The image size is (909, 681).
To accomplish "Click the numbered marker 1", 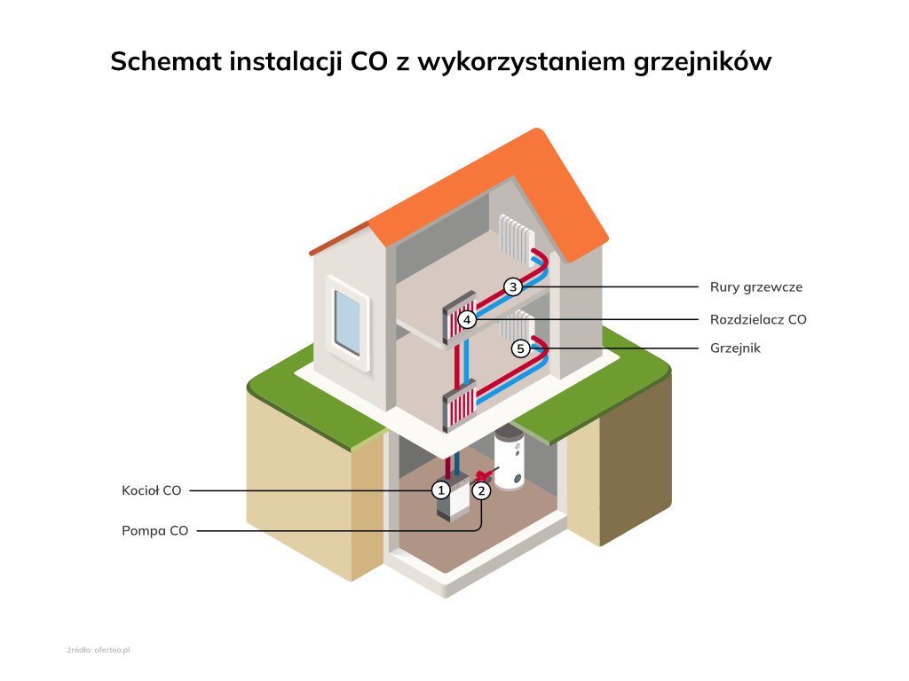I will (440, 489).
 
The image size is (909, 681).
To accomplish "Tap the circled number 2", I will (481, 489).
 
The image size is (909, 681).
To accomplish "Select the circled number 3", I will (512, 286).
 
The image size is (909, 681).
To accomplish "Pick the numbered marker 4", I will (468, 319).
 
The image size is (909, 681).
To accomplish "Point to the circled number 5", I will (521, 348).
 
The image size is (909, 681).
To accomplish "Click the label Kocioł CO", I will (151, 489).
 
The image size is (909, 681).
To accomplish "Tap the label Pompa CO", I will (154, 531).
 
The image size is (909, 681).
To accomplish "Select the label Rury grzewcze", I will (755, 287).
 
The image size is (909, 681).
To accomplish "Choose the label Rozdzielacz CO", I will (758, 319).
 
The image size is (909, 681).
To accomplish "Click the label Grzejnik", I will (735, 348).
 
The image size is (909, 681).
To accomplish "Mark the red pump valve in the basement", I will (485, 474).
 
